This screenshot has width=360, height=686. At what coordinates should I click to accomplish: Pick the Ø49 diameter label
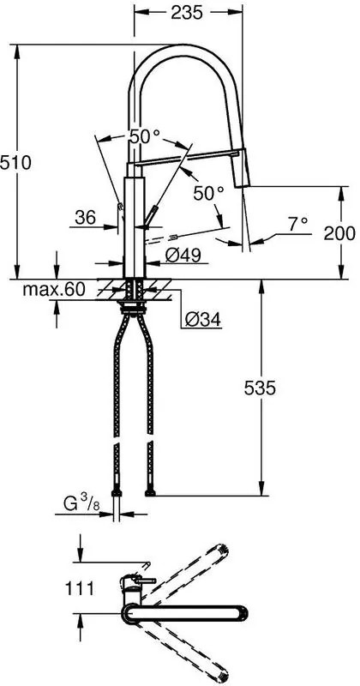coord(183,254)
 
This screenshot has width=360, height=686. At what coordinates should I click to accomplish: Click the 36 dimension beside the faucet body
coord(85,218)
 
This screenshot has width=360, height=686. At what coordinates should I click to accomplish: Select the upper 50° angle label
coord(143,136)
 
